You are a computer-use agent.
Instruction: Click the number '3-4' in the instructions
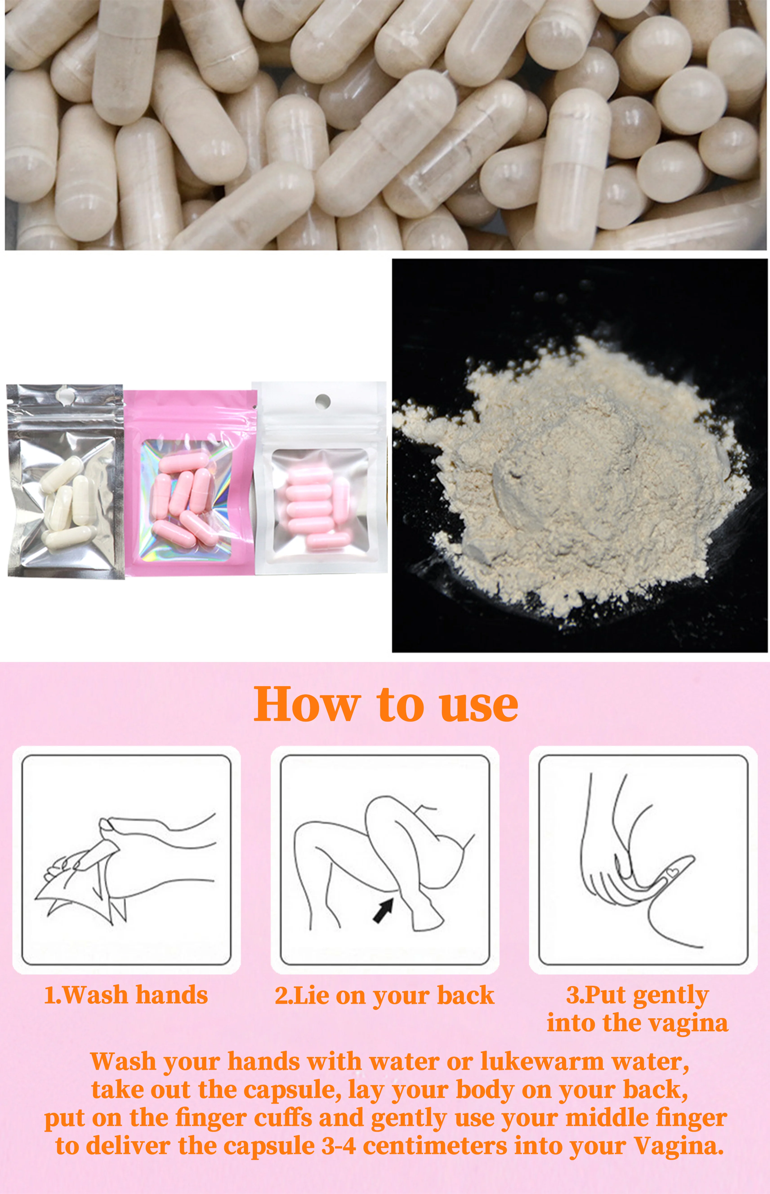coord(339,1146)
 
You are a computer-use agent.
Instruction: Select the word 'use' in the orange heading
coord(478,705)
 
